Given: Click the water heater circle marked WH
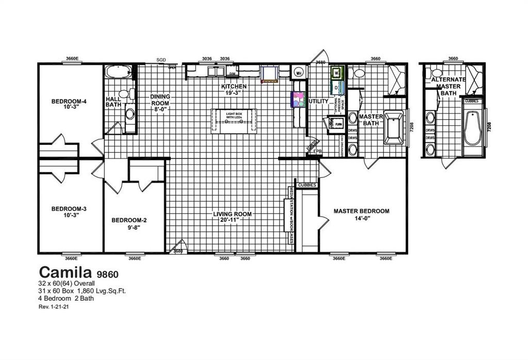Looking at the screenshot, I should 299,73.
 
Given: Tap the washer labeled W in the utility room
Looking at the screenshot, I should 336,73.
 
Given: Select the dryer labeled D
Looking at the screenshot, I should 336,88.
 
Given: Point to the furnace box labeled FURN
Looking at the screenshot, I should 338,124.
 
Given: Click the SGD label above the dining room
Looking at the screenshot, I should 161,60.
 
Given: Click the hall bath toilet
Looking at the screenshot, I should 132,94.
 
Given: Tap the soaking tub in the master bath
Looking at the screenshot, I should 394,127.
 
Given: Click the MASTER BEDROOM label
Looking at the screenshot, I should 361,214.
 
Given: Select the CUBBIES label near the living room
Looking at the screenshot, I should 307,185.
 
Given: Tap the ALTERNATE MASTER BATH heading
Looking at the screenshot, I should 448,86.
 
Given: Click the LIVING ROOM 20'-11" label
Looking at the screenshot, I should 233,217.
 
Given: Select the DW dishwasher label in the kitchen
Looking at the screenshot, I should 232,74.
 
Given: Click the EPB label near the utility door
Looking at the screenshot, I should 318,151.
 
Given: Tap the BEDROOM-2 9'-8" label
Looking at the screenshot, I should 129,223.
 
